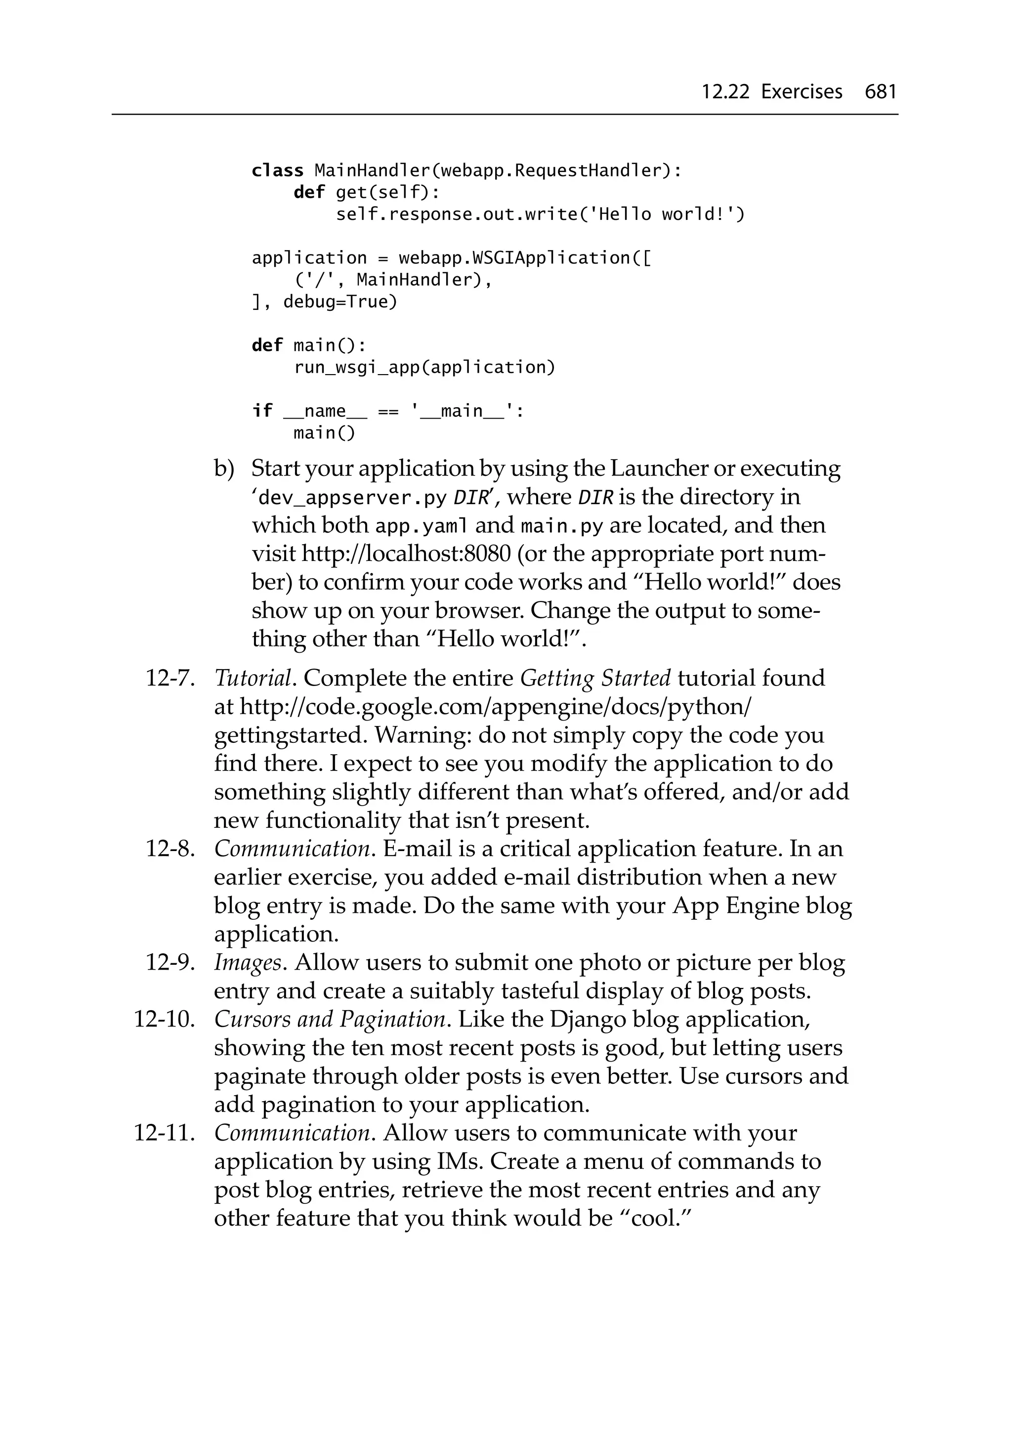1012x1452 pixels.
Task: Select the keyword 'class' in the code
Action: point(277,171)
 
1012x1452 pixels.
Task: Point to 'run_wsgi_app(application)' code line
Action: point(424,367)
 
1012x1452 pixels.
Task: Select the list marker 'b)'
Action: point(224,469)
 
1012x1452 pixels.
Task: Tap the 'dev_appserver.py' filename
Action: point(352,498)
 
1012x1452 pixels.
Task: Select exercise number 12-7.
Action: point(169,679)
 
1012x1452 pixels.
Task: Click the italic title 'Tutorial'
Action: point(253,679)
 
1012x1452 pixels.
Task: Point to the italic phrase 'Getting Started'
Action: point(594,679)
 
